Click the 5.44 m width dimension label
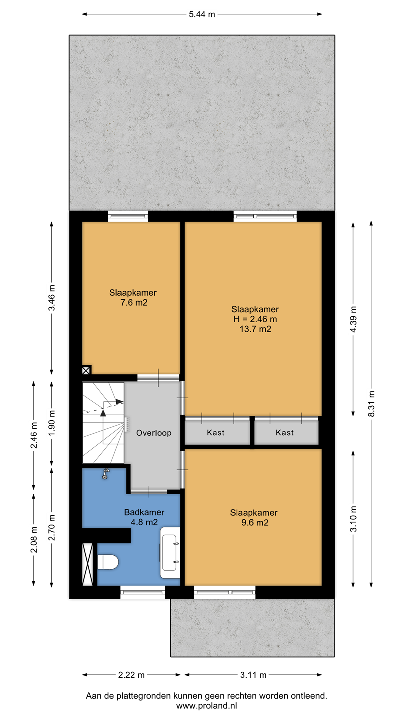(202, 14)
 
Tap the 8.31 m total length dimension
(371, 404)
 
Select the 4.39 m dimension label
(353, 319)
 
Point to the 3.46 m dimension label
(52, 298)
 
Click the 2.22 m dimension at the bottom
(131, 675)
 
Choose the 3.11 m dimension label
(253, 675)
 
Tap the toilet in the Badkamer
(108, 562)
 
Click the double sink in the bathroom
(170, 553)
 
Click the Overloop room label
(154, 433)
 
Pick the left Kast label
(215, 432)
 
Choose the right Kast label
(285, 432)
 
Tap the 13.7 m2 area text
(255, 329)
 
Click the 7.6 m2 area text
(134, 303)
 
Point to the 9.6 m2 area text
(255, 523)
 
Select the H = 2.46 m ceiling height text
(255, 319)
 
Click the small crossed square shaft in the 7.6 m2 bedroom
(86, 370)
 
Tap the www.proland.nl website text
(206, 706)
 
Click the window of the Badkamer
(143, 592)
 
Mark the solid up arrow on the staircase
(103, 413)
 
